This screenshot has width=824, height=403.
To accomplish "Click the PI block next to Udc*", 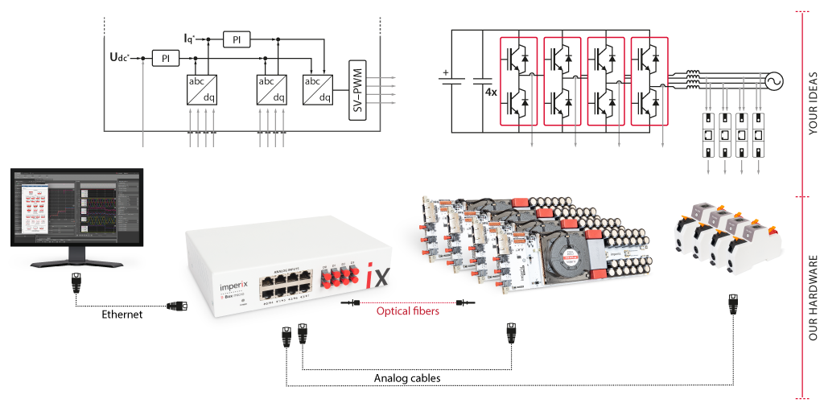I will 167,58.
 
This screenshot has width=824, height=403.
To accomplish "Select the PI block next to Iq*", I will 236,39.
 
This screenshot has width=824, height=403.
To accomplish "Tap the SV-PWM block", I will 356,88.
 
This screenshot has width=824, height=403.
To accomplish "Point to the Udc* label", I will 121,57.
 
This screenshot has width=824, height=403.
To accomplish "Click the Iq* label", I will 190,38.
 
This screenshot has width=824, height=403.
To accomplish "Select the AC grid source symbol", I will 778,79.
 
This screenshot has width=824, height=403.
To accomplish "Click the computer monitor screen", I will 76,208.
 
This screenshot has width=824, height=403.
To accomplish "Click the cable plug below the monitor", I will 76,284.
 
